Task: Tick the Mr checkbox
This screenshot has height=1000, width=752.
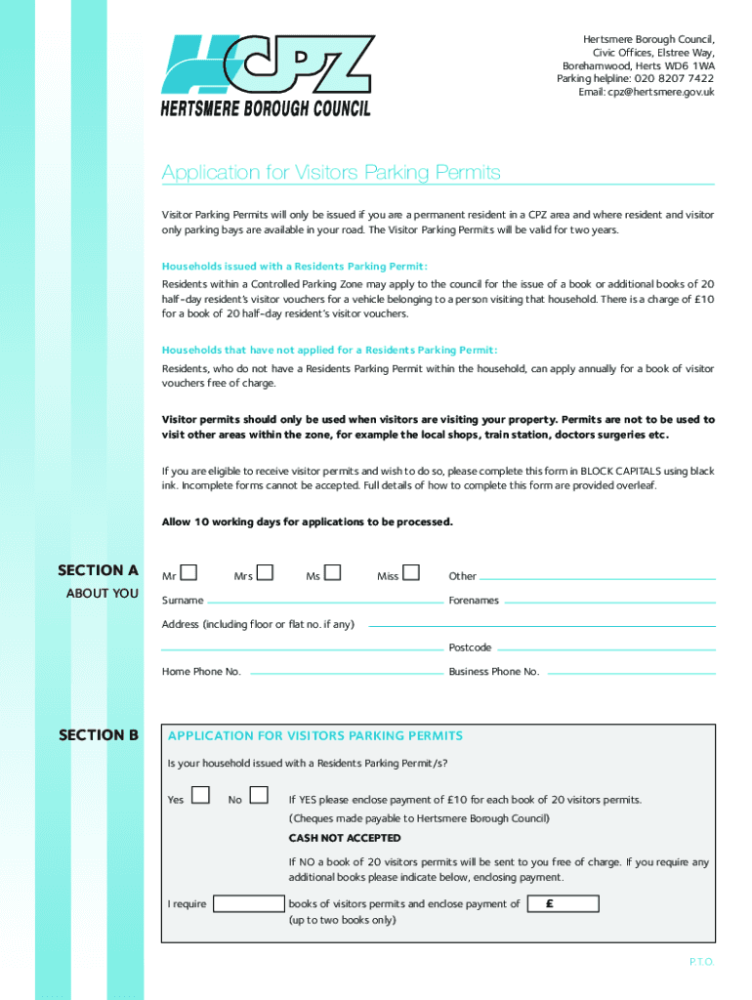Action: click(189, 572)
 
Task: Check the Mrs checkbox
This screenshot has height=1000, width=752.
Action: click(265, 572)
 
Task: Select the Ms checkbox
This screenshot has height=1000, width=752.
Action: click(333, 572)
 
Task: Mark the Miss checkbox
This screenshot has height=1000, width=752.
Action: click(411, 572)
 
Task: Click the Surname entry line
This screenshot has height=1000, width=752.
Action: click(325, 602)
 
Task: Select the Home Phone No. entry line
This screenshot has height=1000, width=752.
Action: click(345, 673)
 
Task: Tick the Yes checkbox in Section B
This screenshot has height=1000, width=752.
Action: click(200, 796)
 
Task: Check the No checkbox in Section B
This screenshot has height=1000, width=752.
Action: click(259, 796)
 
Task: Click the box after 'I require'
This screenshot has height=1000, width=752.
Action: click(248, 903)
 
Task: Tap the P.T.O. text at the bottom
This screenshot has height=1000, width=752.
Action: click(702, 962)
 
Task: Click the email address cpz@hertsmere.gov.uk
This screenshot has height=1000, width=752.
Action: click(663, 92)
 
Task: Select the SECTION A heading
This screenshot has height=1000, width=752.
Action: click(98, 570)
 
